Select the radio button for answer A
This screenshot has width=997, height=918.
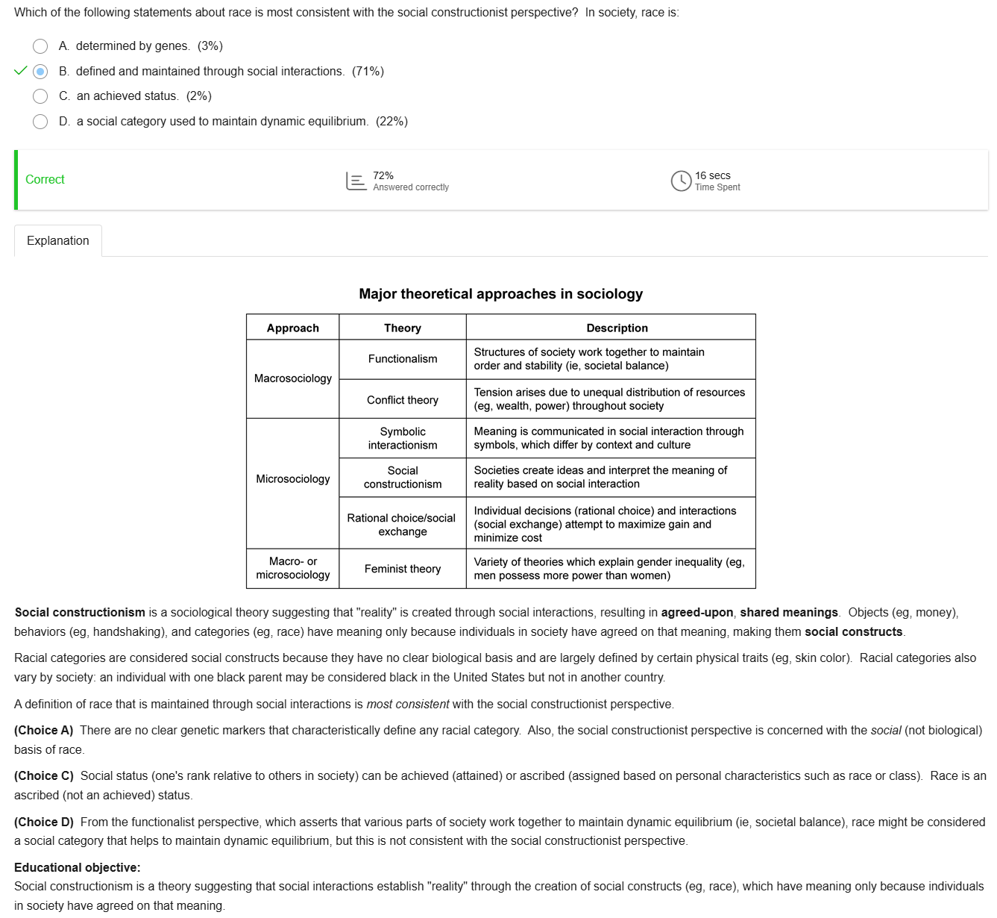pos(40,46)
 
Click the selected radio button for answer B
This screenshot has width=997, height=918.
pos(40,72)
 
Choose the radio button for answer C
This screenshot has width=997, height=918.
pos(40,96)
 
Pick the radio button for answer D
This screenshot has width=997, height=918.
pos(40,122)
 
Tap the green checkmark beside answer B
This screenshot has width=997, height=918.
pos(21,71)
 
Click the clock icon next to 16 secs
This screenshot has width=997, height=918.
pos(681,181)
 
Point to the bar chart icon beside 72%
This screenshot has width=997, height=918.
pos(356,181)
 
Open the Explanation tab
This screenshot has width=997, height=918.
pos(58,240)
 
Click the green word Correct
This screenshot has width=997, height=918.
pos(45,180)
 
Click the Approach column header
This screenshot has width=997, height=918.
pos(293,328)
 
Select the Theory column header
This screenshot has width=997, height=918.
pos(403,328)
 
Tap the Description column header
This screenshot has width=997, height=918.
pos(617,328)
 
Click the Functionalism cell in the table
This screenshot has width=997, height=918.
pos(403,359)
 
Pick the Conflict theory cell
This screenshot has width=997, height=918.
pos(403,400)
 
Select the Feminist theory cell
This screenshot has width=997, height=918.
pos(403,569)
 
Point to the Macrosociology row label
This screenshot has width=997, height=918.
pos(293,378)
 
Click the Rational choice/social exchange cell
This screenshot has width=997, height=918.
pos(402,525)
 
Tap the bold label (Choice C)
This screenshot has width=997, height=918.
pos(44,776)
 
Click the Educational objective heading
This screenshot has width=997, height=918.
pos(78,868)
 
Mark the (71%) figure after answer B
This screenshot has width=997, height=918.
pos(368,72)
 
